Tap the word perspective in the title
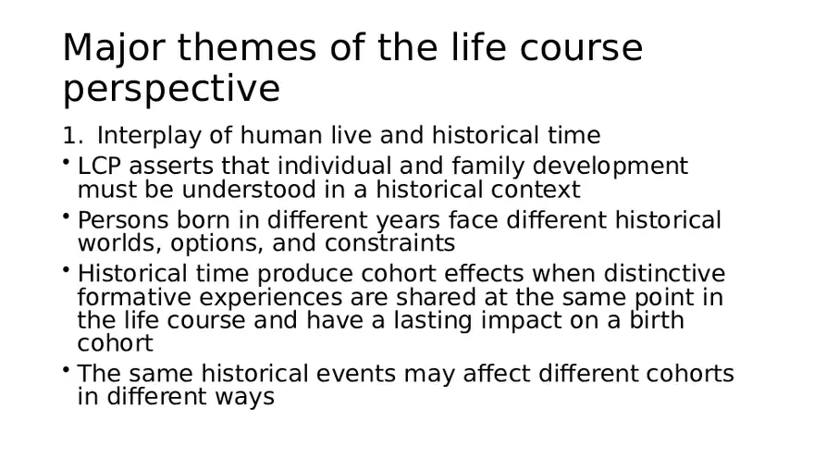pos(171,90)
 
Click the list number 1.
pos(71,136)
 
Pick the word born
pos(215,220)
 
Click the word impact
pos(534,321)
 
